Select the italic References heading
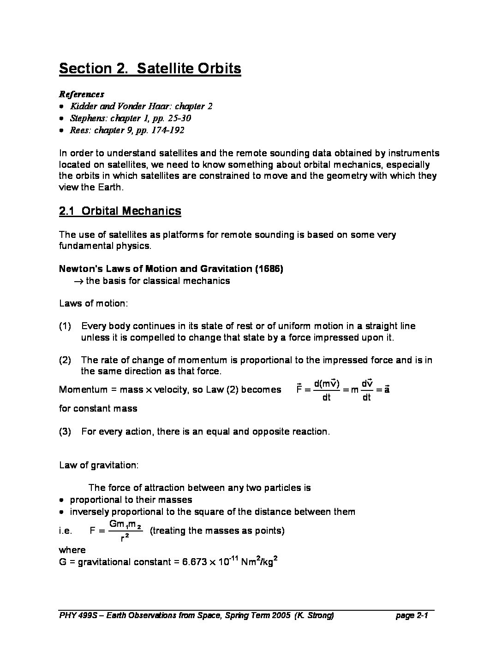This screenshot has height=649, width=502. point(81,94)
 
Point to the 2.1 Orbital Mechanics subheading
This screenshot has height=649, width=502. point(120,211)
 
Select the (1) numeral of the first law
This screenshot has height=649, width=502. point(65,326)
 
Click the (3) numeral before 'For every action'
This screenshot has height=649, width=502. point(65,432)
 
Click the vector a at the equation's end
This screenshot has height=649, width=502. point(387,389)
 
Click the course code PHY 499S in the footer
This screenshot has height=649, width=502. point(76,616)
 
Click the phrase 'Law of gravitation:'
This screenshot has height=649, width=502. point(98,465)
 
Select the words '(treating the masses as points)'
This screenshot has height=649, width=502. point(217,531)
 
